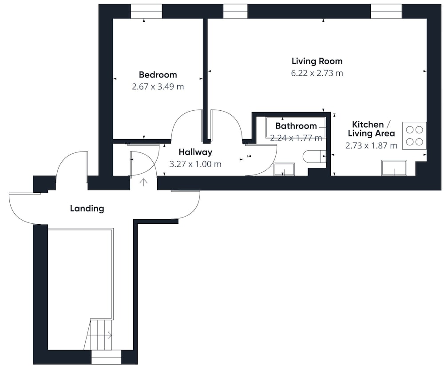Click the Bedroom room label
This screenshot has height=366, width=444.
coord(158,74)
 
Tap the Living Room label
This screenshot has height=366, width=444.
coord(317,61)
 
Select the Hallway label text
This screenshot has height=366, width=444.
coord(195,152)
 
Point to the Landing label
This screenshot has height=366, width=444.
coord(87,209)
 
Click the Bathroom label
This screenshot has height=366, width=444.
coord(296,126)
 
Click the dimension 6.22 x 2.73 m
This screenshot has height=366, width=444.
coord(317,73)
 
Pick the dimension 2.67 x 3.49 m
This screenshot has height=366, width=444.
coord(158,86)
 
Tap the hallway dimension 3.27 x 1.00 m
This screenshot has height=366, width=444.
coord(195,164)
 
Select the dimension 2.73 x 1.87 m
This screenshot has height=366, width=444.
coord(371,146)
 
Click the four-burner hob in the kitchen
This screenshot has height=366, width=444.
coord(414,136)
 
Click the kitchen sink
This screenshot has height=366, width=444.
coord(394,168)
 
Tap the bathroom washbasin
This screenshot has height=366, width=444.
coord(284,169)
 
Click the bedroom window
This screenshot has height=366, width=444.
coord(146,12)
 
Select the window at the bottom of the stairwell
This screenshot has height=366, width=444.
coord(107,357)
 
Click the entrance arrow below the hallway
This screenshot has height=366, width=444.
coord(143,182)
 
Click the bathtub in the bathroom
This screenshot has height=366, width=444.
coord(295,127)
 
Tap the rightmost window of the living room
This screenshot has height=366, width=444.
coord(386,12)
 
